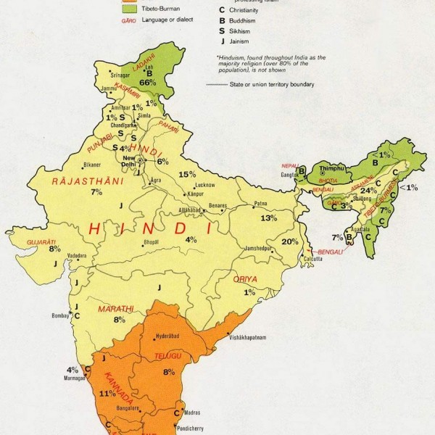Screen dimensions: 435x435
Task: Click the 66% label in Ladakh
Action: (148, 83)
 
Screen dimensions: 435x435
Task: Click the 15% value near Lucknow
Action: (187, 174)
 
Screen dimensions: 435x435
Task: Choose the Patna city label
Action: (260, 204)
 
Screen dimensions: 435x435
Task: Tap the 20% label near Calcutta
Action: (290, 241)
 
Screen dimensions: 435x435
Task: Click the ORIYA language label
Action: (246, 279)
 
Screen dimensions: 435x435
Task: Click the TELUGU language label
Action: (169, 356)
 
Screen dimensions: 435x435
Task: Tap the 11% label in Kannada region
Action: (107, 394)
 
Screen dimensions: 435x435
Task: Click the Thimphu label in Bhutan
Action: (331, 167)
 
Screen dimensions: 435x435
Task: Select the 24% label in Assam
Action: (368, 191)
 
